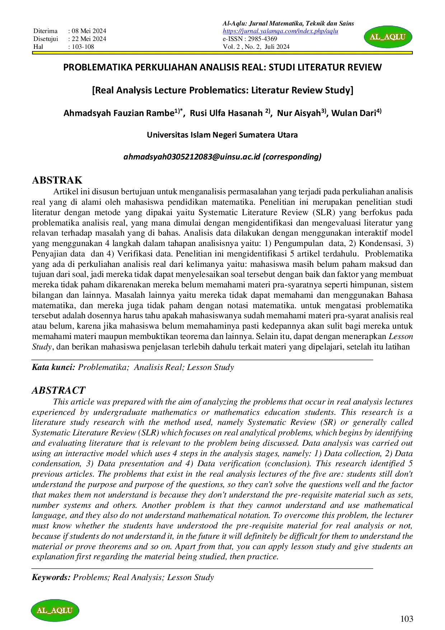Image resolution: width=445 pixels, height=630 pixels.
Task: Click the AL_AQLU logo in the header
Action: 388,37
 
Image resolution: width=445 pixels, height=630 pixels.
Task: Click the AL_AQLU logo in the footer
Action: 55,610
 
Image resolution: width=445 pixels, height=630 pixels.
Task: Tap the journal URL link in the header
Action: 280,31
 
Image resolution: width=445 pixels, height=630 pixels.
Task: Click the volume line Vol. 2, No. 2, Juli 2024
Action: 256,47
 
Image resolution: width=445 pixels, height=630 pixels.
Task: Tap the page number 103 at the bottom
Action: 407,619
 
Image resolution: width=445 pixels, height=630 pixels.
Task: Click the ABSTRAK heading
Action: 57,180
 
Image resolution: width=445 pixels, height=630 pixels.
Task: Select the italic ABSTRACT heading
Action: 58,390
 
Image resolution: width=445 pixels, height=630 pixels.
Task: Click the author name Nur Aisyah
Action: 299,113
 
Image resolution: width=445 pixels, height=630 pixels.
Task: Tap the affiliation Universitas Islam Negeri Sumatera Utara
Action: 222,135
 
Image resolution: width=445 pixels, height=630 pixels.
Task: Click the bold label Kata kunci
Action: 53,367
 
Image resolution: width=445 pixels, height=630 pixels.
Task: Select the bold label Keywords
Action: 51,577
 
